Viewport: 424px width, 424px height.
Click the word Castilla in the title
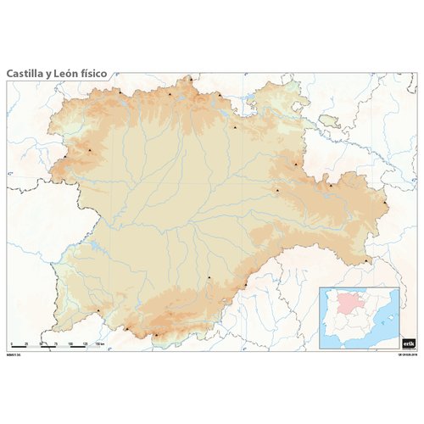(25, 74)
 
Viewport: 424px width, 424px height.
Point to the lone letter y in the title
(49, 75)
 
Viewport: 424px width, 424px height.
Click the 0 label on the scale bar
(11, 343)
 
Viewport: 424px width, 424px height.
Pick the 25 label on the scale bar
(28, 343)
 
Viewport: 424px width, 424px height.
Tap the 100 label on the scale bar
(71, 343)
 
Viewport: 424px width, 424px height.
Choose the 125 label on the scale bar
(86, 343)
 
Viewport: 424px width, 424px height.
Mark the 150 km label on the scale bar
(100, 343)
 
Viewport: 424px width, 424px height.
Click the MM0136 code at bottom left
(12, 352)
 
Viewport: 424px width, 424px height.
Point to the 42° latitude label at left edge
(10, 174)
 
